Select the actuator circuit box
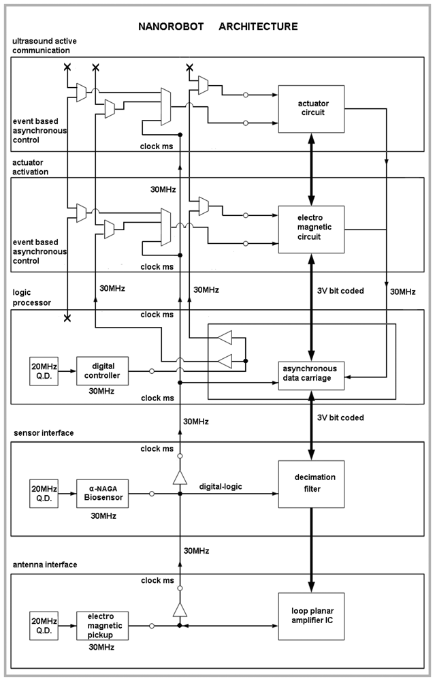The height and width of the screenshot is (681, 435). (311, 110)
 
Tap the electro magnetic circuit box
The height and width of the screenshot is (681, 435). (311, 227)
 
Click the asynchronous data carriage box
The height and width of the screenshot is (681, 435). (311, 373)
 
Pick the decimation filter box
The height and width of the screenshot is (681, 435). (311, 483)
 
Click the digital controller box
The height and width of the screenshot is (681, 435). (103, 371)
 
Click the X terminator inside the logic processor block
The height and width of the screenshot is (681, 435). (67, 319)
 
